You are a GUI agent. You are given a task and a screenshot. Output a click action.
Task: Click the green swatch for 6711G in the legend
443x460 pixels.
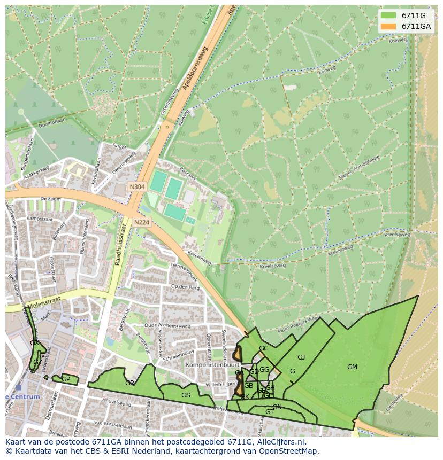(x=388, y=15)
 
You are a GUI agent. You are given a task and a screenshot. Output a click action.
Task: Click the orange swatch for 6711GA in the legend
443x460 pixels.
(x=388, y=26)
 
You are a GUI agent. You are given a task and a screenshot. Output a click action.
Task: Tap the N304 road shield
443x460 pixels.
(x=136, y=187)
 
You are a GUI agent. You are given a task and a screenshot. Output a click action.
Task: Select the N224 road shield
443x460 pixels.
(x=142, y=222)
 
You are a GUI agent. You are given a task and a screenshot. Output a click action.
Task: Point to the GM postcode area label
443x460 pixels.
(x=352, y=367)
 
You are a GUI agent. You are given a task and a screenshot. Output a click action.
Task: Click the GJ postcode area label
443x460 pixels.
(x=301, y=357)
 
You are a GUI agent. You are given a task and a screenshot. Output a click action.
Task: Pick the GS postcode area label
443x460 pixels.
(x=186, y=395)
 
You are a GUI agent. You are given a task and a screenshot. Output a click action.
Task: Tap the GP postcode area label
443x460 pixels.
(x=66, y=379)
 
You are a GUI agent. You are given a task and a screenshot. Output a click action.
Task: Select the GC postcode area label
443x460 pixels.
(x=263, y=348)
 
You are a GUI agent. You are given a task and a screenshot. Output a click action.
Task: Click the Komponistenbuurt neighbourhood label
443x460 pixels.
(x=207, y=365)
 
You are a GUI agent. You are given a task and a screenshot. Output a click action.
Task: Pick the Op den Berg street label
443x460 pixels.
(x=185, y=287)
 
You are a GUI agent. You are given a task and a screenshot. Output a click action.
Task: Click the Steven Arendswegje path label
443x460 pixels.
(x=359, y=167)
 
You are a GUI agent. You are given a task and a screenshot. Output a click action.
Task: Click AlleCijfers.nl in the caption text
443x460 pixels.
(x=280, y=442)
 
